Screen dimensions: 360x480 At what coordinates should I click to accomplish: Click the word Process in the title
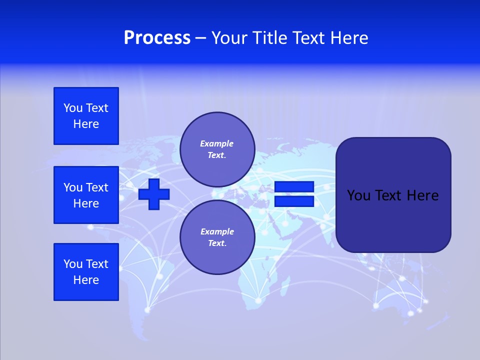click(157, 38)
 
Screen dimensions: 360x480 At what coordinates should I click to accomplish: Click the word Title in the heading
click(269, 38)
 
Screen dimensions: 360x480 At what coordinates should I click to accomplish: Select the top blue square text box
click(86, 116)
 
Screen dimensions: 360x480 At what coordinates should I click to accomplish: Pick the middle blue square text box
click(86, 195)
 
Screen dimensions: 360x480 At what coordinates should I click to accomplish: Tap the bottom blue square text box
click(86, 272)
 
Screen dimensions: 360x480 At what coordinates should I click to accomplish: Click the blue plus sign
click(154, 194)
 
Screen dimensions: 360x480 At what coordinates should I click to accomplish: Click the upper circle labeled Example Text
click(217, 149)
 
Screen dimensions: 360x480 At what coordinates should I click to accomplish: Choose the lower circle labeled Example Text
click(217, 237)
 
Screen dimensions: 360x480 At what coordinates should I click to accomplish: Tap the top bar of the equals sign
click(294, 187)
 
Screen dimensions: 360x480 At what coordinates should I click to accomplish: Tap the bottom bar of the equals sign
click(294, 201)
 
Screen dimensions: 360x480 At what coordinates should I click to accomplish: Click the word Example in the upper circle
click(216, 143)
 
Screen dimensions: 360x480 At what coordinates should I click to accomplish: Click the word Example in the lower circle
click(217, 231)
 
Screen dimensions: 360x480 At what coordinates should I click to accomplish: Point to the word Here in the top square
click(86, 124)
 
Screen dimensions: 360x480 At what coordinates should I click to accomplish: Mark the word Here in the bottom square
click(86, 280)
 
